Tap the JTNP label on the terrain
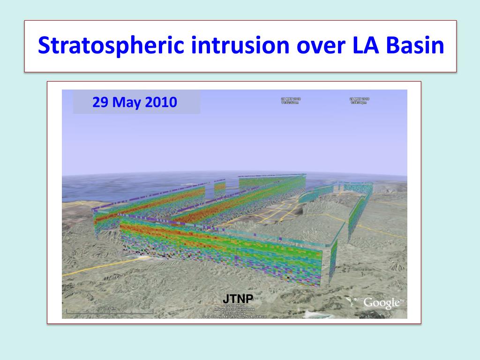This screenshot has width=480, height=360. (238, 299)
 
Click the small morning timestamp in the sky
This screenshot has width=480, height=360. (291, 101)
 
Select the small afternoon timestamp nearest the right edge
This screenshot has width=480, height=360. (359, 101)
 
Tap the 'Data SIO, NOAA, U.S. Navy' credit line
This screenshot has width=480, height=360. (234, 317)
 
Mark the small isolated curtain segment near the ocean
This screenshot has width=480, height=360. (220, 187)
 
